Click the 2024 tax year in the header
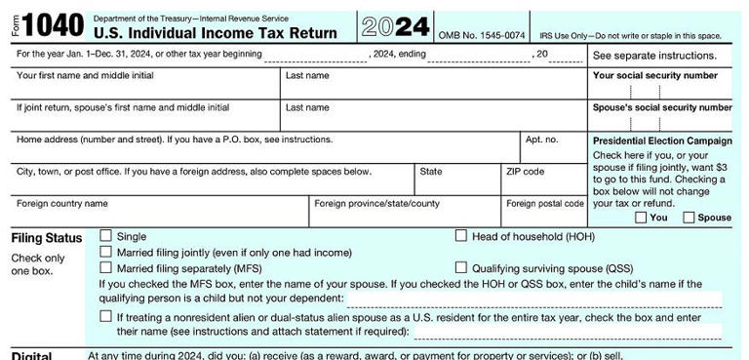pyautogui.click(x=394, y=25)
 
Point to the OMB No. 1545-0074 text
pyautogui.click(x=482, y=35)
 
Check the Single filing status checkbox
pyautogui.click(x=105, y=236)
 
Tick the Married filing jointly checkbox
pyautogui.click(x=105, y=252)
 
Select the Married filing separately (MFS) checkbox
pyautogui.click(x=105, y=267)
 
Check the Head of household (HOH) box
pyautogui.click(x=461, y=236)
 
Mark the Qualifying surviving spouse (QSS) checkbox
pyautogui.click(x=461, y=267)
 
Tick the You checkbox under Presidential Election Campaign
pyautogui.click(x=641, y=218)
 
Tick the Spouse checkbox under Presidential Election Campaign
pyautogui.click(x=690, y=218)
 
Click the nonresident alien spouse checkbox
pyautogui.click(x=105, y=316)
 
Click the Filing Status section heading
pyautogui.click(x=46, y=238)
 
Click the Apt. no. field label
pyautogui.click(x=541, y=140)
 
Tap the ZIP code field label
pyautogui.click(x=525, y=172)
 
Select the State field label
pyautogui.click(x=430, y=172)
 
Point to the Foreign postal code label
pyautogui.click(x=544, y=204)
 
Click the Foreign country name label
pyautogui.click(x=62, y=204)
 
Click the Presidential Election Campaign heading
pyautogui.click(x=662, y=140)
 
